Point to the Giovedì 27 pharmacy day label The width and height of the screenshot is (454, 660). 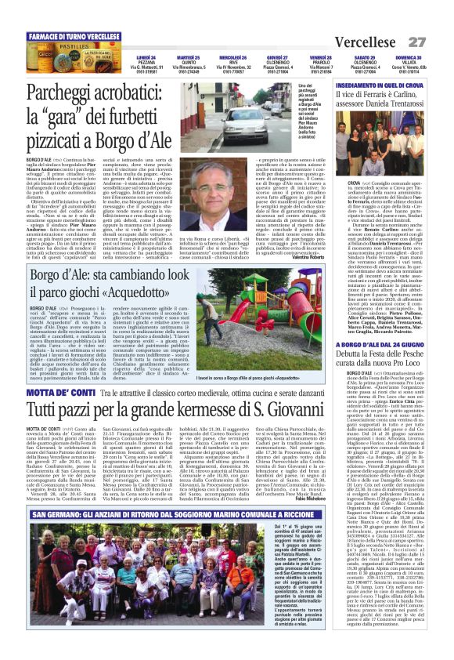pyautogui.click(x=277, y=58)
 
